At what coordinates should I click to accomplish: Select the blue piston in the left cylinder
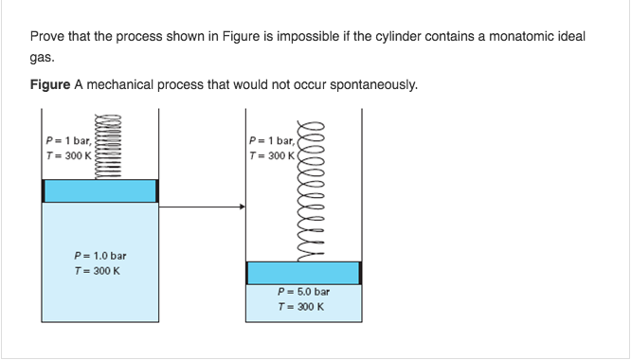pyautogui.click(x=99, y=189)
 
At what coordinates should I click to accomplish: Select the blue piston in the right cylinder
pyautogui.click(x=303, y=272)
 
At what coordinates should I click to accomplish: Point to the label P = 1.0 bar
pyautogui.click(x=99, y=256)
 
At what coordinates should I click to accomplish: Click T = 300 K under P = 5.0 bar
pyautogui.click(x=300, y=308)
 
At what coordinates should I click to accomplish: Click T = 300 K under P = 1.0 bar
pyautogui.click(x=99, y=271)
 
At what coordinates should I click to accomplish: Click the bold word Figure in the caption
pyautogui.click(x=49, y=85)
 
